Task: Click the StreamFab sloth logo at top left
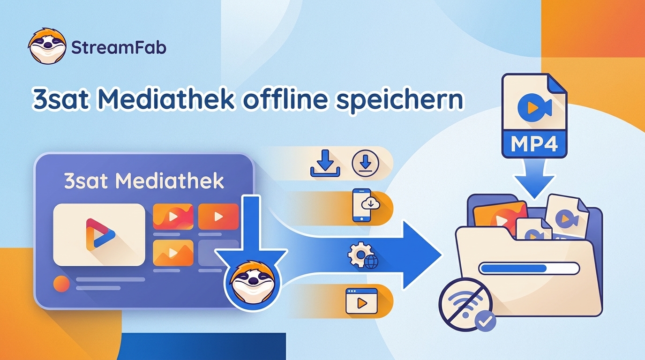tap(47, 46)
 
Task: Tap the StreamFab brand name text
tap(119, 47)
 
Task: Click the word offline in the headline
tap(285, 99)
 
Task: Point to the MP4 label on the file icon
tap(534, 143)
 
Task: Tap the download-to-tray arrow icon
tap(325, 163)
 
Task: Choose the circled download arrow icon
tap(366, 163)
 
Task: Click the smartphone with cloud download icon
tap(365, 205)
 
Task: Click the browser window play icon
tap(361, 300)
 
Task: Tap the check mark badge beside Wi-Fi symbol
tap(485, 321)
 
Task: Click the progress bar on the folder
tap(529, 269)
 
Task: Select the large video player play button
tap(100, 234)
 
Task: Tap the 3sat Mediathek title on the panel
tap(144, 181)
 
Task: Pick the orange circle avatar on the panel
tap(61, 284)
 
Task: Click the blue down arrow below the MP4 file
tap(534, 179)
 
